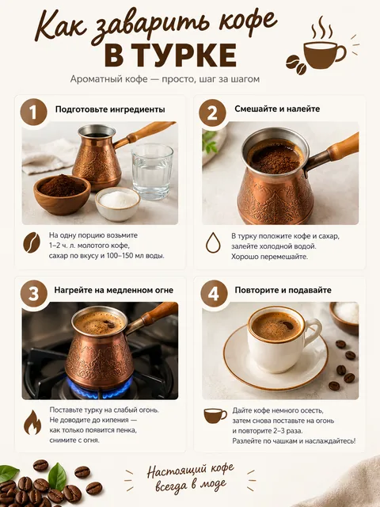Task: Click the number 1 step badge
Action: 33,112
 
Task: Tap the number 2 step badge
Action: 212,112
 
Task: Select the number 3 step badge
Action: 34,294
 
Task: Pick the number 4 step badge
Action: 214,294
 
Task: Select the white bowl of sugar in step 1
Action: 118,204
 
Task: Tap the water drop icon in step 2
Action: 213,242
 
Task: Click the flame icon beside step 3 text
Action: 32,422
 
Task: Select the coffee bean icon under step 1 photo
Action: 32,242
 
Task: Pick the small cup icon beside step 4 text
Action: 215,416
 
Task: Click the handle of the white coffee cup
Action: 313,333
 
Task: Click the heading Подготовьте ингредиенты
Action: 110,109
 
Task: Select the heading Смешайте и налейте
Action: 277,109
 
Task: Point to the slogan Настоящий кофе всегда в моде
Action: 190,477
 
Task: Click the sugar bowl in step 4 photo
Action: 344,318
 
